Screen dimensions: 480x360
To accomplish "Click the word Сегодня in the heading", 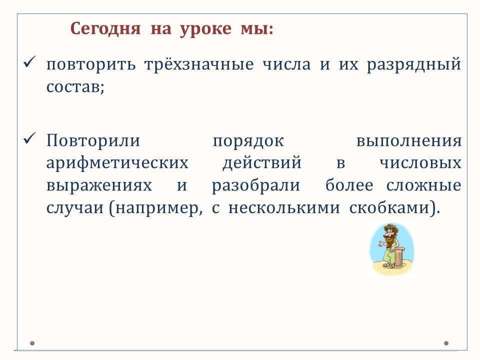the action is tap(105, 29).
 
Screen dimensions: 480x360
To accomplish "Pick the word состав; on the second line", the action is tap(75, 87).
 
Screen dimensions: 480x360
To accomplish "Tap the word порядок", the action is tap(248, 142).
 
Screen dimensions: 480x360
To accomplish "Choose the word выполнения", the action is tap(409, 141).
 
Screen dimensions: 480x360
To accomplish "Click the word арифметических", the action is tap(117, 163).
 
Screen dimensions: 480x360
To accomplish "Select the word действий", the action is tap(261, 162).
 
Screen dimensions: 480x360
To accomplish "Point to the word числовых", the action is tap(420, 163).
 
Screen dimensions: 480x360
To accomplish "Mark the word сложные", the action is tap(423, 185).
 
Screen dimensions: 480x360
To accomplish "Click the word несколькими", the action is tap(284, 208).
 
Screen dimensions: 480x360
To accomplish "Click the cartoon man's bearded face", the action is tap(389, 236).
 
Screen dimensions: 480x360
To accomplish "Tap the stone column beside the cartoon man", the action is tap(398, 256).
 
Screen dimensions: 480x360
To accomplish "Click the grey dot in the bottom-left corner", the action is tap(32, 343).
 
